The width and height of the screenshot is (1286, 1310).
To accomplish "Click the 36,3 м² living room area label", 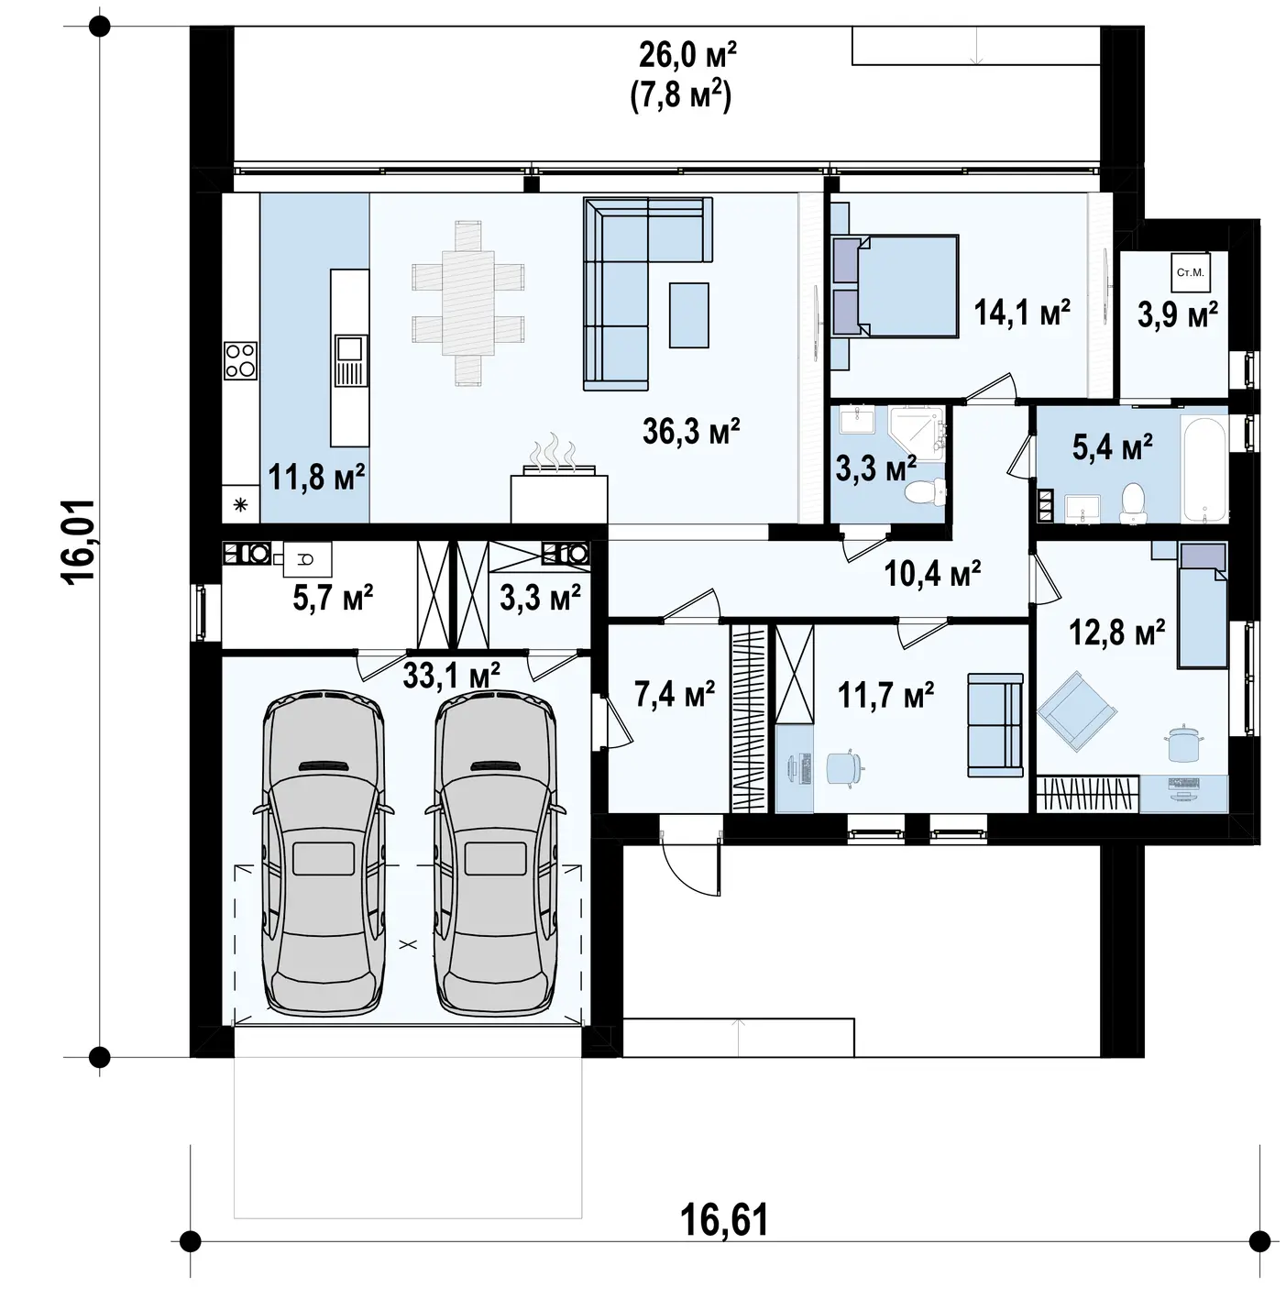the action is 690,431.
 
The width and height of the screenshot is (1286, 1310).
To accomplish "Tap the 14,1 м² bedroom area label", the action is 1021,313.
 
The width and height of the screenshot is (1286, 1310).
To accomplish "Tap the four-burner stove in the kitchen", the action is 241,360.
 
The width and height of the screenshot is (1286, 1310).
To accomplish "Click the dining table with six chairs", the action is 467,303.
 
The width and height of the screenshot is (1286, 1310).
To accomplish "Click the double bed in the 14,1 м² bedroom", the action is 895,285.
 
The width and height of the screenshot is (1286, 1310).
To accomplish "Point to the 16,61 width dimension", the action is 724,1220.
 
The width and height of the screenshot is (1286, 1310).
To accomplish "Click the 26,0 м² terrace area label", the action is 687,55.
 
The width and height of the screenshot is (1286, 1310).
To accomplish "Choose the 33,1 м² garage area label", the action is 452,676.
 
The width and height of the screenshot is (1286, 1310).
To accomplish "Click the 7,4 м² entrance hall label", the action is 674,695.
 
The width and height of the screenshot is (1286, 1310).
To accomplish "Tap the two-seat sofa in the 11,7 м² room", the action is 995,725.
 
